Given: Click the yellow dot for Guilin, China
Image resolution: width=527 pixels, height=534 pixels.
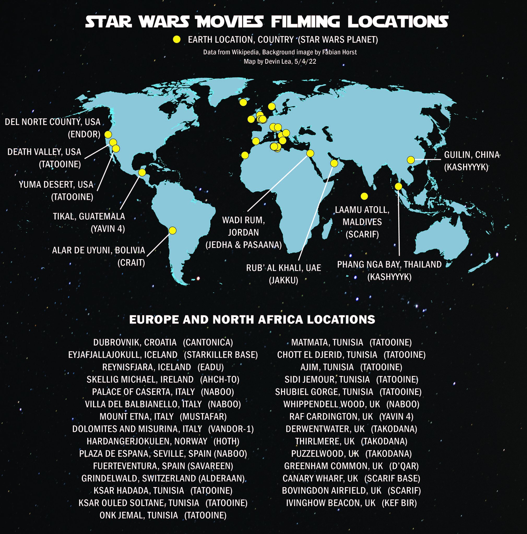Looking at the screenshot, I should click(411, 160).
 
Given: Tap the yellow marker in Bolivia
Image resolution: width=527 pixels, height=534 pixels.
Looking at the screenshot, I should click(172, 230).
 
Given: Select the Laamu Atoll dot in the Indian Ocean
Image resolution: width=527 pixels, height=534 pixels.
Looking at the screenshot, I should click(364, 196).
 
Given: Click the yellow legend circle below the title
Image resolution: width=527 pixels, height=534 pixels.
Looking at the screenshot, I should click(176, 40).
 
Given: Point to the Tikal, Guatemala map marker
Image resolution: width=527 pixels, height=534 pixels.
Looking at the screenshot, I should click(142, 172).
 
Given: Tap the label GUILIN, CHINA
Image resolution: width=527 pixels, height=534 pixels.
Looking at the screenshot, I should click(472, 155).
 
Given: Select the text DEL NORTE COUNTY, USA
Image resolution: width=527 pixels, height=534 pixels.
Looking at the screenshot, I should click(52, 122).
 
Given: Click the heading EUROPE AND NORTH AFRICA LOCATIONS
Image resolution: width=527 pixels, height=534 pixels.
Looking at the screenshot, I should click(252, 319).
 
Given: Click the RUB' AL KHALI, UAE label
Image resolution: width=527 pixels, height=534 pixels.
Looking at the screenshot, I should click(283, 268).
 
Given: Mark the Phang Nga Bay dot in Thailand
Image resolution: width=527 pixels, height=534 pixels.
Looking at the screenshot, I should click(398, 186).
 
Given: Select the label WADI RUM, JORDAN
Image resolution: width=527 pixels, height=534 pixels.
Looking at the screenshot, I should click(244, 226).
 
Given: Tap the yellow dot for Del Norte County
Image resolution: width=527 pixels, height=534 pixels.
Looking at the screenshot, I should click(108, 134).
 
